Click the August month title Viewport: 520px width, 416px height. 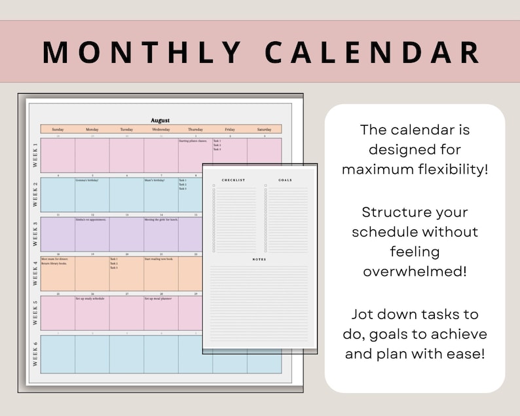pos(160,121)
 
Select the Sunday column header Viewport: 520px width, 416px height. pos(58,130)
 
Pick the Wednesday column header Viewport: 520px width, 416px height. pos(160,130)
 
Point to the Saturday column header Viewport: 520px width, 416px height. pos(264,130)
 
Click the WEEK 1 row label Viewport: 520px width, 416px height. pos(34,155)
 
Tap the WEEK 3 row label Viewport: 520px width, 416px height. pos(34,234)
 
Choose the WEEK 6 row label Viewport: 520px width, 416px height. pos(34,354)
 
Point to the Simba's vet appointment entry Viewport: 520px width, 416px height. pos(90,220)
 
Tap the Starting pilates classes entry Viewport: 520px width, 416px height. pos(194,141)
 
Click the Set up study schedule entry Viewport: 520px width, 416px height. pos(90,299)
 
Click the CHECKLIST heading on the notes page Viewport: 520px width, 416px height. pos(233,180)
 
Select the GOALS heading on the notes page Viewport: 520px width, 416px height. pos(286,180)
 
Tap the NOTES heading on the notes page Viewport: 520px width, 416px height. pos(260,259)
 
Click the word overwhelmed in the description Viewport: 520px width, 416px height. pos(415,271)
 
